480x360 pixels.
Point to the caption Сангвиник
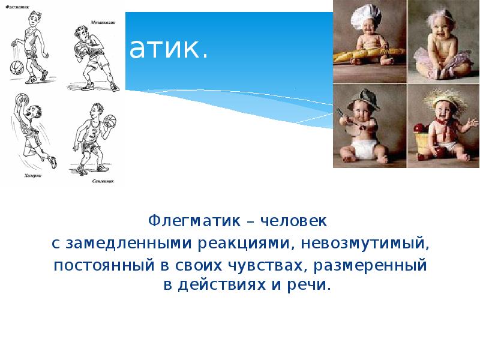(104, 181)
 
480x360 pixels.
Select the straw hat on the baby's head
(443, 98)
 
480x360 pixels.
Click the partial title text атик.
(169, 50)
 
